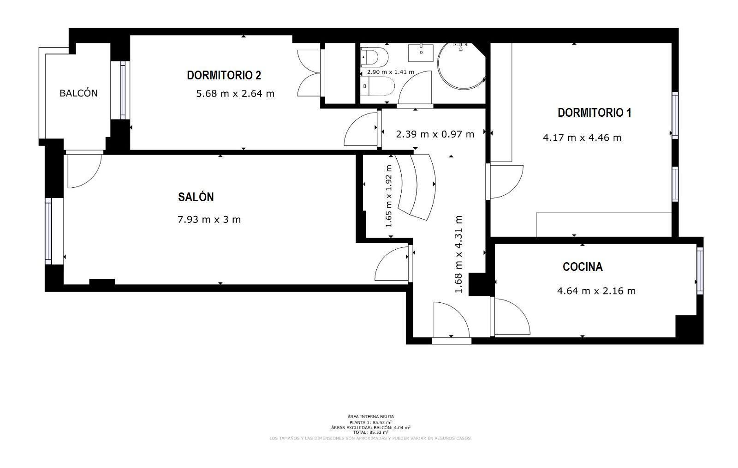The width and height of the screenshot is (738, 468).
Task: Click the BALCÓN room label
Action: coord(78,93)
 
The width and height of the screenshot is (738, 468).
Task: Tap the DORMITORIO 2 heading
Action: coord(224,75)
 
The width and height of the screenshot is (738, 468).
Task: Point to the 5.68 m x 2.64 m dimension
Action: coord(235,94)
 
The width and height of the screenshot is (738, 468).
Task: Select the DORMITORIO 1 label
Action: coord(595,113)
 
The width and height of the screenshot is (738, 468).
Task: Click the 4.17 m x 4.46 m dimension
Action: coord(582,138)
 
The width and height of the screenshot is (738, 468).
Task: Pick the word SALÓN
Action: coord(196,197)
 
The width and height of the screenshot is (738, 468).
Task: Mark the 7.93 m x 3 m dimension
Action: coord(209,220)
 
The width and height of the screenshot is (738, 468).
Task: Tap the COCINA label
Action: coord(583,267)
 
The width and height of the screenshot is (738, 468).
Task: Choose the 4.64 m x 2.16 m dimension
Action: coord(596,291)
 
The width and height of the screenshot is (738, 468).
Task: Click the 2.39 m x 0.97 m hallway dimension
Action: coord(435,134)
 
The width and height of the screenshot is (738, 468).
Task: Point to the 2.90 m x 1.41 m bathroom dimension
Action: coord(390,72)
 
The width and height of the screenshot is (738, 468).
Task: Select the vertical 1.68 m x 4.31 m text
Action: coord(458,254)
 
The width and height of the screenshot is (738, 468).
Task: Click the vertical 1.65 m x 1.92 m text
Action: coord(389,196)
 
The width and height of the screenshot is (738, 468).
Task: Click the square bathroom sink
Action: coord(421,53)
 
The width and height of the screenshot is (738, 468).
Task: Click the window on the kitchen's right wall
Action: coord(700,270)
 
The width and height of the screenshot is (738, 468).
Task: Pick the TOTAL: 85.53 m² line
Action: coord(371,432)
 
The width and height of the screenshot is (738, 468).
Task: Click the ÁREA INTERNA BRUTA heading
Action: coord(371,417)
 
